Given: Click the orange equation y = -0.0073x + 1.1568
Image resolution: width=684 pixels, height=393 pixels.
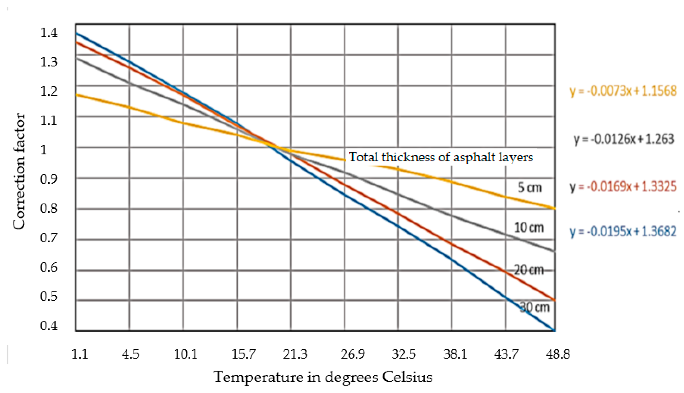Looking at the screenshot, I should click(623, 91).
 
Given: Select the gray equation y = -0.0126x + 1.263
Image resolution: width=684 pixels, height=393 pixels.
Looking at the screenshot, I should click(624, 139).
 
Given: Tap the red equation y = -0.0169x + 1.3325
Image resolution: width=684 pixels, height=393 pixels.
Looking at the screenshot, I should click(623, 186).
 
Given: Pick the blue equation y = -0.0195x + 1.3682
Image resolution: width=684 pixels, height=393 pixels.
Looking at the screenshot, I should click(623, 231).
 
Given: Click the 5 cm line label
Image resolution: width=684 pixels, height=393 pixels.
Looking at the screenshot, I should click(529, 188).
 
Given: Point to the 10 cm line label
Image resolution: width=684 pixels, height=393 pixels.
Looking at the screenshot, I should click(529, 228).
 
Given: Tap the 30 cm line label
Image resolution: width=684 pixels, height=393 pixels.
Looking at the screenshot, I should click(535, 307).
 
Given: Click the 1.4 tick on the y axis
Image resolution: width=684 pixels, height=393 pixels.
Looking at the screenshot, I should click(49, 33).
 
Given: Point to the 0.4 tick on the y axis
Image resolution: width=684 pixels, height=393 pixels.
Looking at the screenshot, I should click(49, 326).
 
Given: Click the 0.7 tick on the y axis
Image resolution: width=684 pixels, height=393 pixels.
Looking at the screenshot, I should click(49, 238).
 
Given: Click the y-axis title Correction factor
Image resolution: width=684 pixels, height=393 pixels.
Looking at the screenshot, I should click(19, 171).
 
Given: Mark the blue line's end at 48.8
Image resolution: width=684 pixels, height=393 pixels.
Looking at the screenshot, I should click(554, 330).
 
